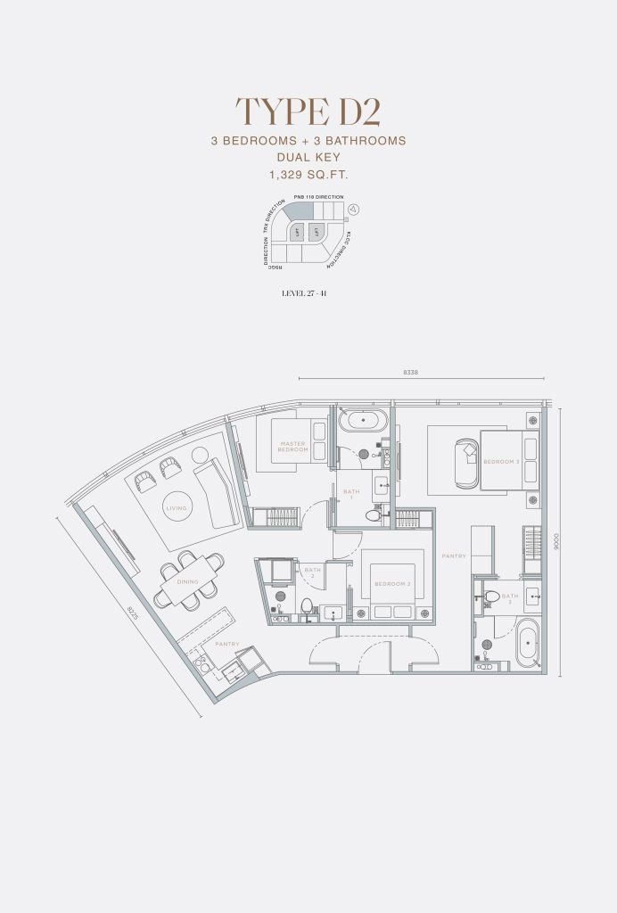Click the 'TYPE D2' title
[x=308, y=111]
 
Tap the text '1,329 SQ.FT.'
[x=308, y=175]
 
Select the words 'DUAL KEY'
[x=308, y=158]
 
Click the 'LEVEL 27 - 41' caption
[x=308, y=292]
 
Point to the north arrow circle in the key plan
[x=354, y=210]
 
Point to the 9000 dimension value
[x=555, y=540]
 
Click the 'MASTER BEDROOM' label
[x=293, y=447]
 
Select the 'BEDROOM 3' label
[x=501, y=462]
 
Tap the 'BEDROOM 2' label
[x=392, y=583]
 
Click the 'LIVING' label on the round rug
[x=176, y=508]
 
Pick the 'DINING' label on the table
[x=187, y=581]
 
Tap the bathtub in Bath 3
[x=527, y=643]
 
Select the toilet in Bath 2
[x=307, y=606]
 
